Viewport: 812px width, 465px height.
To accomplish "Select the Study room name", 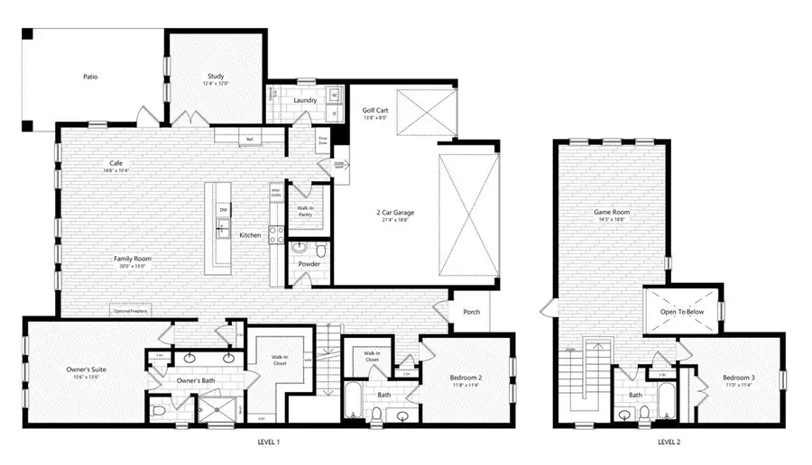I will click(216, 77).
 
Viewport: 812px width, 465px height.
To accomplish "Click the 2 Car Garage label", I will click(395, 214).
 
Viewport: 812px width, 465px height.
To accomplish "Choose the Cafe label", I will click(115, 164).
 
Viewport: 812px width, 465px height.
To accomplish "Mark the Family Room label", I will click(132, 260).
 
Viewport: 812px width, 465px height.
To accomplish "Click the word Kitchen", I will click(250, 235).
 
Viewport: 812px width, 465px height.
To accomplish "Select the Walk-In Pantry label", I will click(306, 211).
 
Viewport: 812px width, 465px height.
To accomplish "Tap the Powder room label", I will click(309, 264).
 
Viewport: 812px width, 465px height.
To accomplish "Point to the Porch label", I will click(472, 313).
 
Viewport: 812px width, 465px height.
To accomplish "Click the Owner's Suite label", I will click(88, 370).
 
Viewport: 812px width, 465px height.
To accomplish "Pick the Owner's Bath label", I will click(196, 381).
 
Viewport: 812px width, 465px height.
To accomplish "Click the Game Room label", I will click(610, 214).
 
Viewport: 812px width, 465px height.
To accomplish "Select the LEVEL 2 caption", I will click(669, 442).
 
